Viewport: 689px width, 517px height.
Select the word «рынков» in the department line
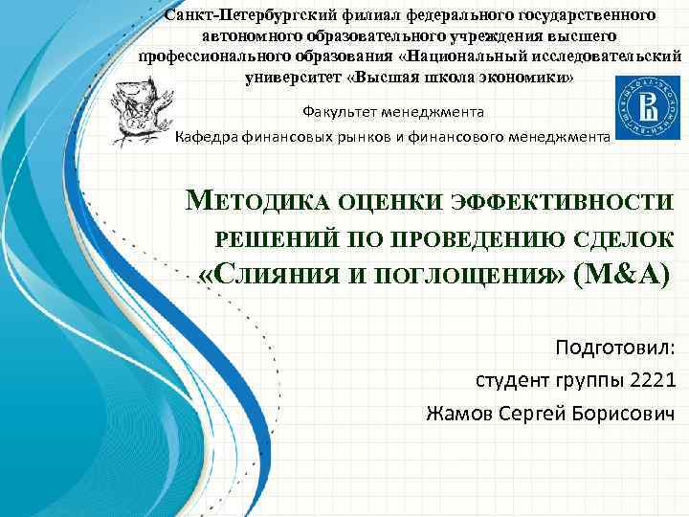click(363, 138)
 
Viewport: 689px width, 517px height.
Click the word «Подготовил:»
click(615, 346)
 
